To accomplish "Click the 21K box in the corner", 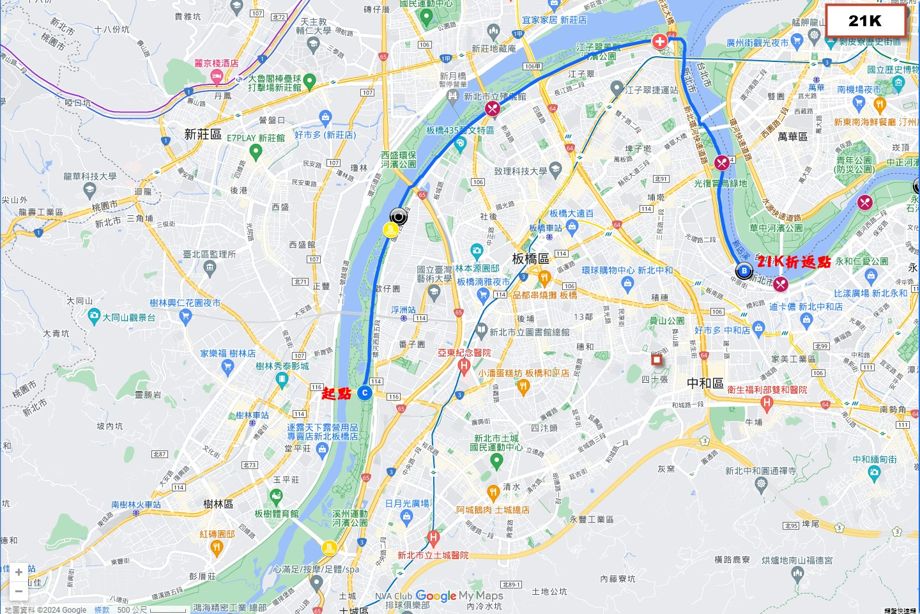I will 865,21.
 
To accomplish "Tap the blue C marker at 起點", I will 365,393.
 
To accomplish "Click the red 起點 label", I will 337,394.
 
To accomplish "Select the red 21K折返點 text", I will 793,261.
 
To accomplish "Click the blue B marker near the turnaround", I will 744,271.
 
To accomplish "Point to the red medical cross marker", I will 659,42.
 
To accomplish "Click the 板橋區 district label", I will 530,259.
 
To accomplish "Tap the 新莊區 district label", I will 203,134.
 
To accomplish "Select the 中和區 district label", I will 705,383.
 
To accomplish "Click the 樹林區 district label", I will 218,504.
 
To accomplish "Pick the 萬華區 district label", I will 792,137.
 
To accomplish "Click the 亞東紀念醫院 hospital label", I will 464,353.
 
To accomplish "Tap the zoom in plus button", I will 19,572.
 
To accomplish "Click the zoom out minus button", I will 19,591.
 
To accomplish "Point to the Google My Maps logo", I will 459,596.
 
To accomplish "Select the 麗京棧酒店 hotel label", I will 217,63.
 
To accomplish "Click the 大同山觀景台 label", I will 129,317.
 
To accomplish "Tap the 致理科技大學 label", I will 520,171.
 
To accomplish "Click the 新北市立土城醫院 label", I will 433,555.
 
